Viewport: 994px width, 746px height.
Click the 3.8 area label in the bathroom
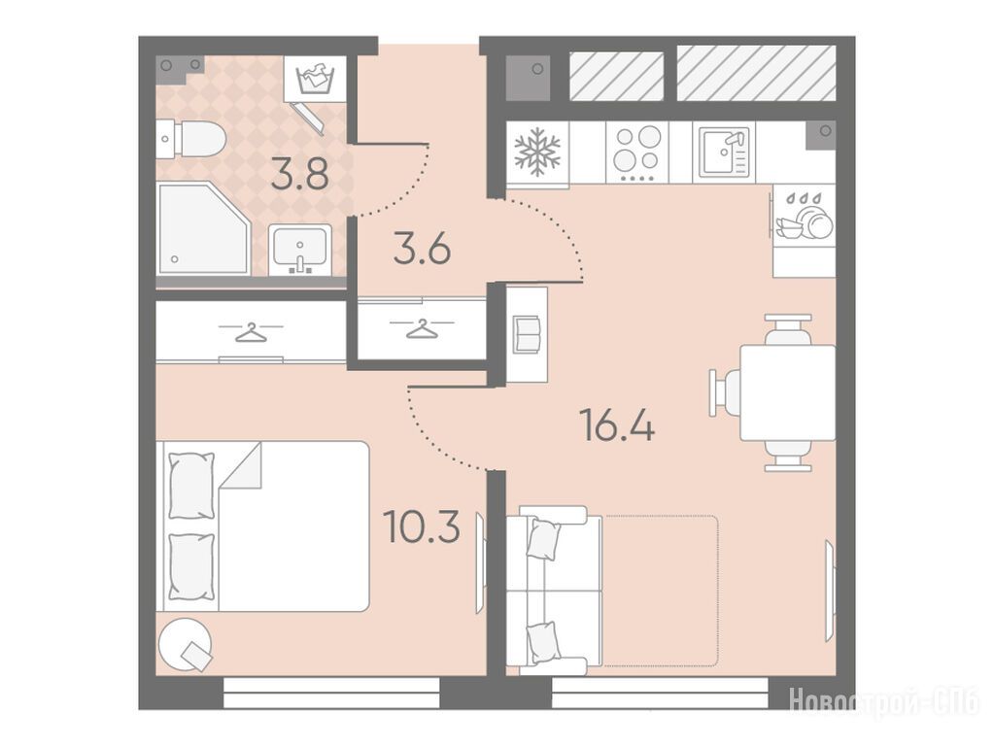300,175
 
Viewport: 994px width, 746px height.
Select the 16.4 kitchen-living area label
617,425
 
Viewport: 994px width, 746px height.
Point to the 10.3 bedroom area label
423,527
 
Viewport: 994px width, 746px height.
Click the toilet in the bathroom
190,139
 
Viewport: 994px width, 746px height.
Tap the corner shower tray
202,229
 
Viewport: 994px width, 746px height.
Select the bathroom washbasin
300,250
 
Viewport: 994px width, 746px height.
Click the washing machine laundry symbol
315,79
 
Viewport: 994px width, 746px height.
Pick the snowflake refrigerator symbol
537,153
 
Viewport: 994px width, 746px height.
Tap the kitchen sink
724,153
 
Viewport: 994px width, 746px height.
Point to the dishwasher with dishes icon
804,216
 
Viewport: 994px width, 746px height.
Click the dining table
787,393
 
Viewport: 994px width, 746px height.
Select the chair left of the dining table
725,393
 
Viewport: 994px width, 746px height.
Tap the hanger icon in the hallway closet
422,328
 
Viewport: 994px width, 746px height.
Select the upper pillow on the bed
191,486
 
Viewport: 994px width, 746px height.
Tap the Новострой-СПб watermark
883,701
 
